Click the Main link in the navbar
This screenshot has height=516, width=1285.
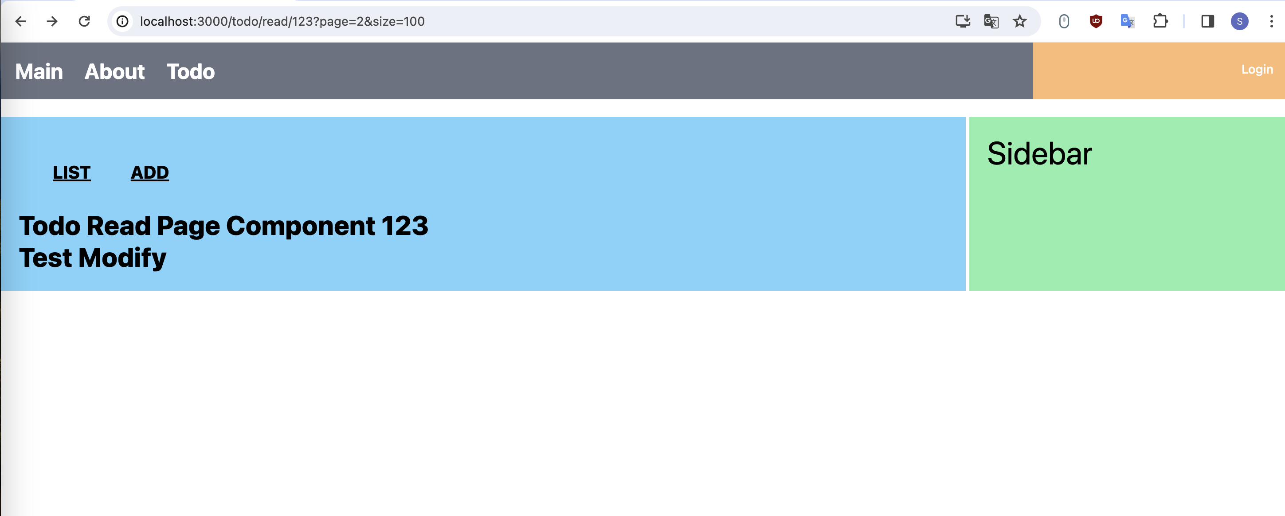pos(39,72)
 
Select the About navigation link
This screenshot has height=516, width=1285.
pos(114,72)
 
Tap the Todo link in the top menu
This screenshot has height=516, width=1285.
pos(191,72)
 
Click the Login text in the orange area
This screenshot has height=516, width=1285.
pos(1257,69)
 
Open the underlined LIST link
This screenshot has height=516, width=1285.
pos(72,172)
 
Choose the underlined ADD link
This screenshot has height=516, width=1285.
pos(150,172)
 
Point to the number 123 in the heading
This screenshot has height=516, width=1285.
pos(404,226)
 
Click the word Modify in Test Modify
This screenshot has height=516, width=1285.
pos(122,258)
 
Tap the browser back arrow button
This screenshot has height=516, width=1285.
pos(20,21)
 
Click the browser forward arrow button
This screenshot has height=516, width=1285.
pos(52,21)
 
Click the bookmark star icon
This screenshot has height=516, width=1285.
pos(1019,21)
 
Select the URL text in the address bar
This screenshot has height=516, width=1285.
pos(282,21)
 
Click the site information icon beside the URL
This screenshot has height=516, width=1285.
pos(122,21)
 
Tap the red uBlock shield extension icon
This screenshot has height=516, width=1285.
pos(1095,21)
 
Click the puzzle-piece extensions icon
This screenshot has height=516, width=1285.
pos(1160,21)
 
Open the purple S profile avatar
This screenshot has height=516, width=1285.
pos(1239,21)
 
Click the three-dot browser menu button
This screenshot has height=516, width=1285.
pos(1271,21)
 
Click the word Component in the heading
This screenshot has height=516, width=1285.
pos(300,226)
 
